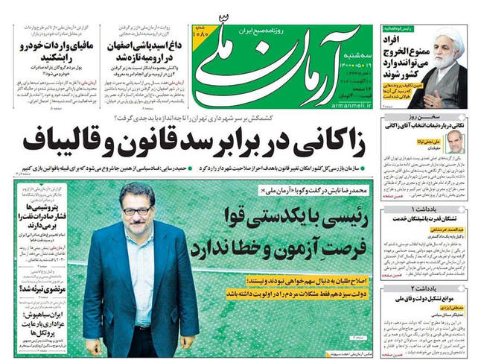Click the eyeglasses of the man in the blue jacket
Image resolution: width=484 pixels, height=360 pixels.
(x=136, y=210)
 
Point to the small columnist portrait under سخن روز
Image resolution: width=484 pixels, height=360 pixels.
(x=455, y=142)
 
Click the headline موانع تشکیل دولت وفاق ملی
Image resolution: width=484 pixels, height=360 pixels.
(x=436, y=300)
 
